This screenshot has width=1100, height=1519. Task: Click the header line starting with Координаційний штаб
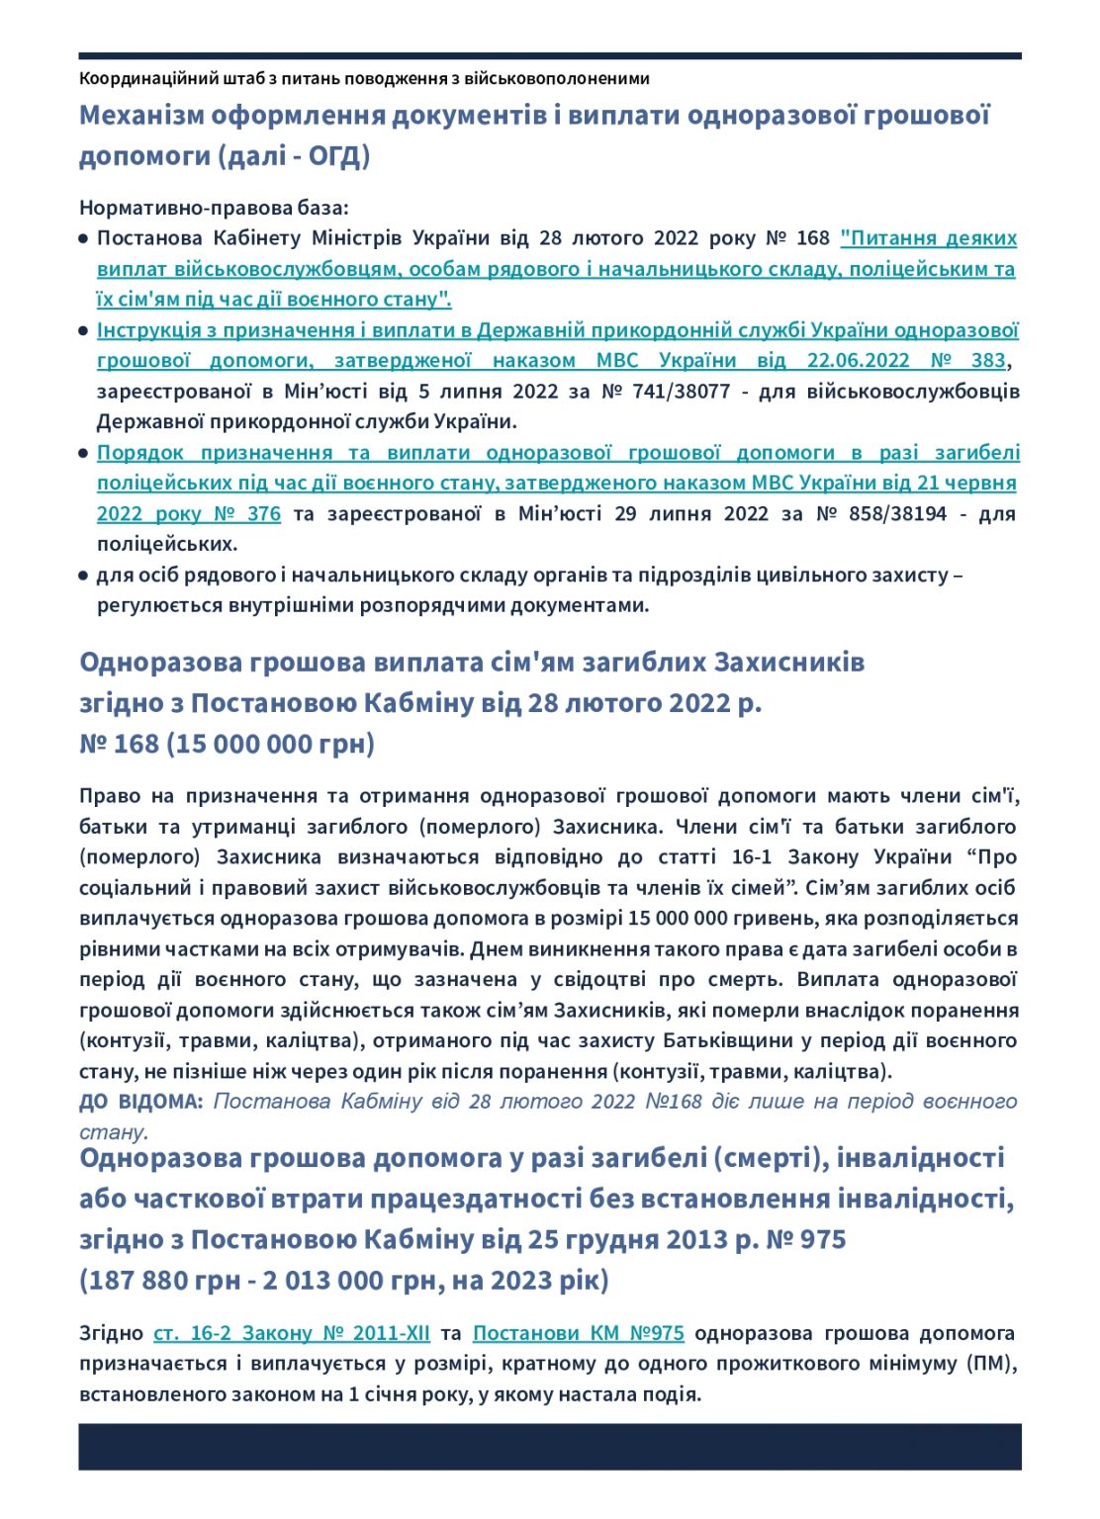click(x=364, y=78)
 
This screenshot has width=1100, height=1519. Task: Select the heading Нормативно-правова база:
click(x=214, y=208)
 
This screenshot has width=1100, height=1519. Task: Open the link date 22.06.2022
click(x=858, y=360)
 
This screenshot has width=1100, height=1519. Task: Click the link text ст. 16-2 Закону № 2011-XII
click(x=292, y=1333)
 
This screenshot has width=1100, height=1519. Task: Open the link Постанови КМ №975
click(x=579, y=1333)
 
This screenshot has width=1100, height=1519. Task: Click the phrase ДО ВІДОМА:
click(x=141, y=1102)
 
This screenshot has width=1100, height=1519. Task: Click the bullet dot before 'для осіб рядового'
click(x=84, y=576)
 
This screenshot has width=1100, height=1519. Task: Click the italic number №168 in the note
click(x=674, y=1102)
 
